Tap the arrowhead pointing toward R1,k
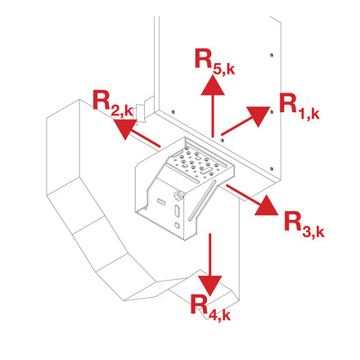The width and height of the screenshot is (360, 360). (259, 115)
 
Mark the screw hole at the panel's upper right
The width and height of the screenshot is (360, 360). (271, 55)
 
